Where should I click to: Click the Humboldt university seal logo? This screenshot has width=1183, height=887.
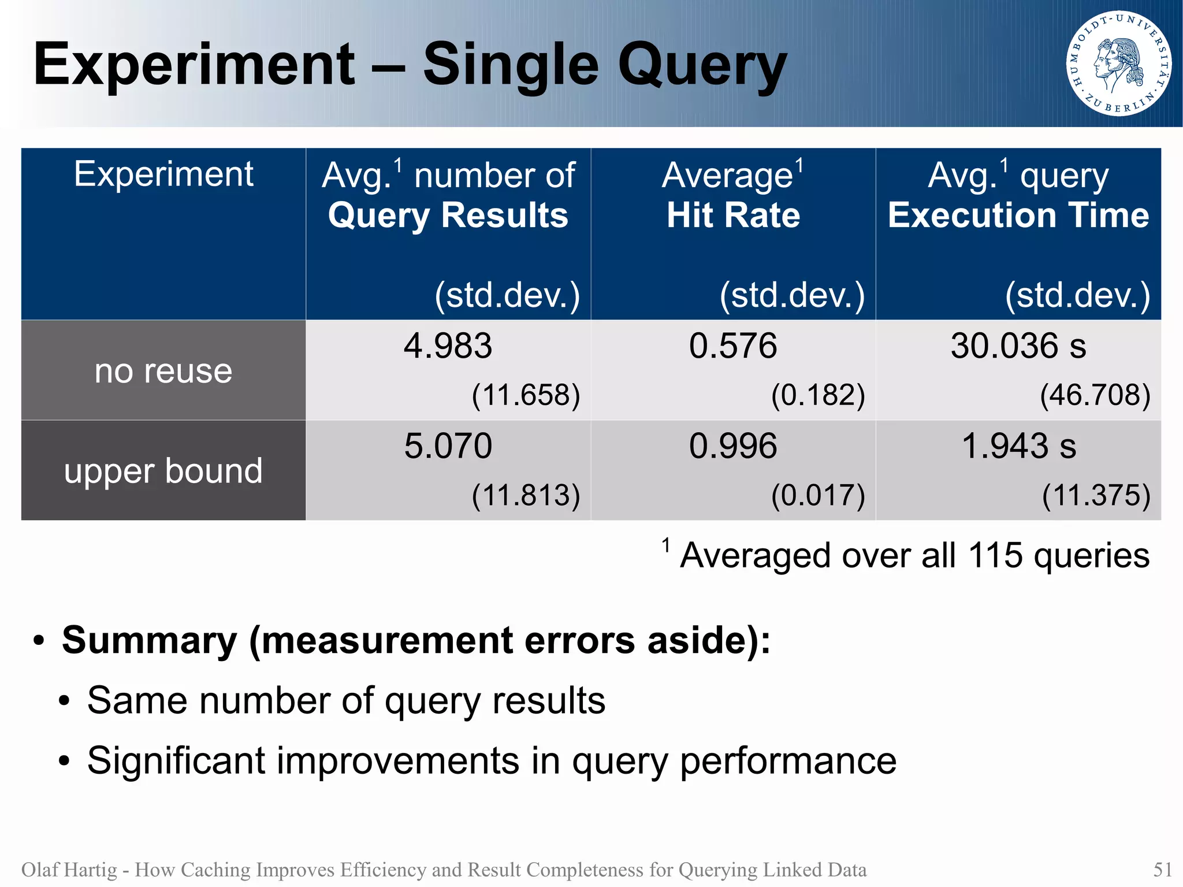tap(1118, 64)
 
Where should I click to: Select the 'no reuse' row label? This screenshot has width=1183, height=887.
tap(163, 370)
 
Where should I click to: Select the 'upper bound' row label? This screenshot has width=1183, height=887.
tap(163, 470)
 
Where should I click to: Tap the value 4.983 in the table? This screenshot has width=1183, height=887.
tap(448, 346)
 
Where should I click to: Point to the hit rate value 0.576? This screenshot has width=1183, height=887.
tap(732, 346)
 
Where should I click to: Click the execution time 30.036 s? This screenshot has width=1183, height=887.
tap(1018, 346)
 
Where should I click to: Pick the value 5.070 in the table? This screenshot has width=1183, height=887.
tap(448, 446)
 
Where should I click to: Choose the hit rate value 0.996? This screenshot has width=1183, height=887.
tap(732, 446)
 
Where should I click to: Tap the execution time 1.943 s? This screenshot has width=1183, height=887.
tap(1018, 446)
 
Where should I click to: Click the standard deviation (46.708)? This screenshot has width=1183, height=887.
tap(1095, 395)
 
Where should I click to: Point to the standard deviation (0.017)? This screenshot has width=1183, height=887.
tap(818, 495)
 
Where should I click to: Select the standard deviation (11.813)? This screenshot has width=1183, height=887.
tap(526, 495)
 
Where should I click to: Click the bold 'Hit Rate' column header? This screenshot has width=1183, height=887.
tap(733, 215)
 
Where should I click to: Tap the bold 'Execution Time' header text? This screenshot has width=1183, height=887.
tap(1018, 215)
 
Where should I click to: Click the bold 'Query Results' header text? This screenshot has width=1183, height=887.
tap(448, 215)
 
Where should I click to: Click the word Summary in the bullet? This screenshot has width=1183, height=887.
tap(149, 640)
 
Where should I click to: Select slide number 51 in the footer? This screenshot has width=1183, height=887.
tap(1162, 869)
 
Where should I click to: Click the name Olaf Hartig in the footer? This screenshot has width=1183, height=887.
tap(69, 869)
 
